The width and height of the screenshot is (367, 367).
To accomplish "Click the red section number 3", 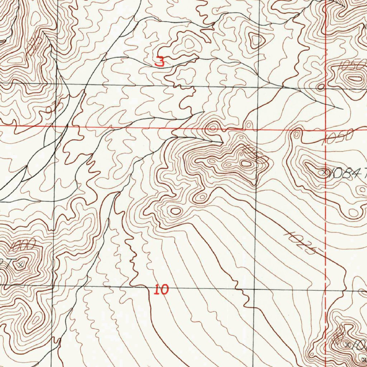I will (x=160, y=62).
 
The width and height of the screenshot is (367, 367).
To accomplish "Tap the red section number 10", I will (x=161, y=289).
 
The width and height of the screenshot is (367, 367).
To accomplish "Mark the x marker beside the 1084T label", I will (x=325, y=172).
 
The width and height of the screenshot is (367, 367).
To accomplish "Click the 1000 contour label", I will (x=23, y=246).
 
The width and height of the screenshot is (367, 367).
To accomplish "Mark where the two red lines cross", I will (x=325, y=129).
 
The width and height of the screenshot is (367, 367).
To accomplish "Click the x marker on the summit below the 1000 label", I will (x=21, y=264).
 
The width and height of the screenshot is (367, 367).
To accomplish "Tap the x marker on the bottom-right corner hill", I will (x=347, y=345).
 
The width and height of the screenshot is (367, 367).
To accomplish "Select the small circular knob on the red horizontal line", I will (x=213, y=128).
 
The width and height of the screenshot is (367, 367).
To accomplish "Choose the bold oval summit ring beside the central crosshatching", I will (x=246, y=164).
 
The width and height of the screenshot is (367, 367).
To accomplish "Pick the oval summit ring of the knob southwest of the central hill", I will (x=175, y=211).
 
